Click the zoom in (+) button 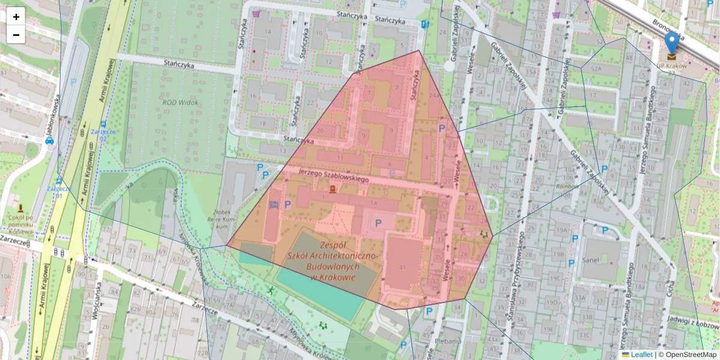point(16,16)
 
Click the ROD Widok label point(180,102)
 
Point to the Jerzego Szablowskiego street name point(334,175)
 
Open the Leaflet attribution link point(641,355)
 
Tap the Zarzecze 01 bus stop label point(59,192)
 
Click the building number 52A point(596,69)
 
